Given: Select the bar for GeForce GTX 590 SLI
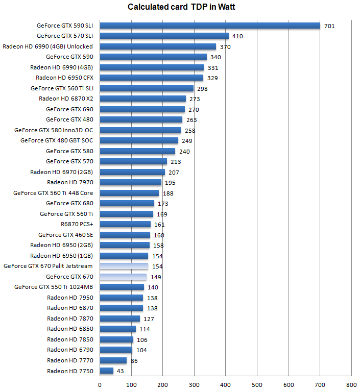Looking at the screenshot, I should coord(209,26).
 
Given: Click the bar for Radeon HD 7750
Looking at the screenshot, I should coord(106,371).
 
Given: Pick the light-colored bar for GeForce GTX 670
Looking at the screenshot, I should coord(123,277).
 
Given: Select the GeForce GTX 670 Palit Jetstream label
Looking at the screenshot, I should coord(48,266).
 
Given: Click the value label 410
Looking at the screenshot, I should coord(237,36).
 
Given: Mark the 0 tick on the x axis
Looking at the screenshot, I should coord(100,384).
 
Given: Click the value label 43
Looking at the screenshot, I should coord(121,371).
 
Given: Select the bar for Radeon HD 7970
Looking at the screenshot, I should coord(130,182).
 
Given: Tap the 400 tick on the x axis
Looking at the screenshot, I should coord(225,384).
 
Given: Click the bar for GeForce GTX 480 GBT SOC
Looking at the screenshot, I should coord(139,140).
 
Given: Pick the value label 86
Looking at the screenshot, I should coord(134,360).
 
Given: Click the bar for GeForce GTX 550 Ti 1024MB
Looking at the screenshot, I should coord(122,287).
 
